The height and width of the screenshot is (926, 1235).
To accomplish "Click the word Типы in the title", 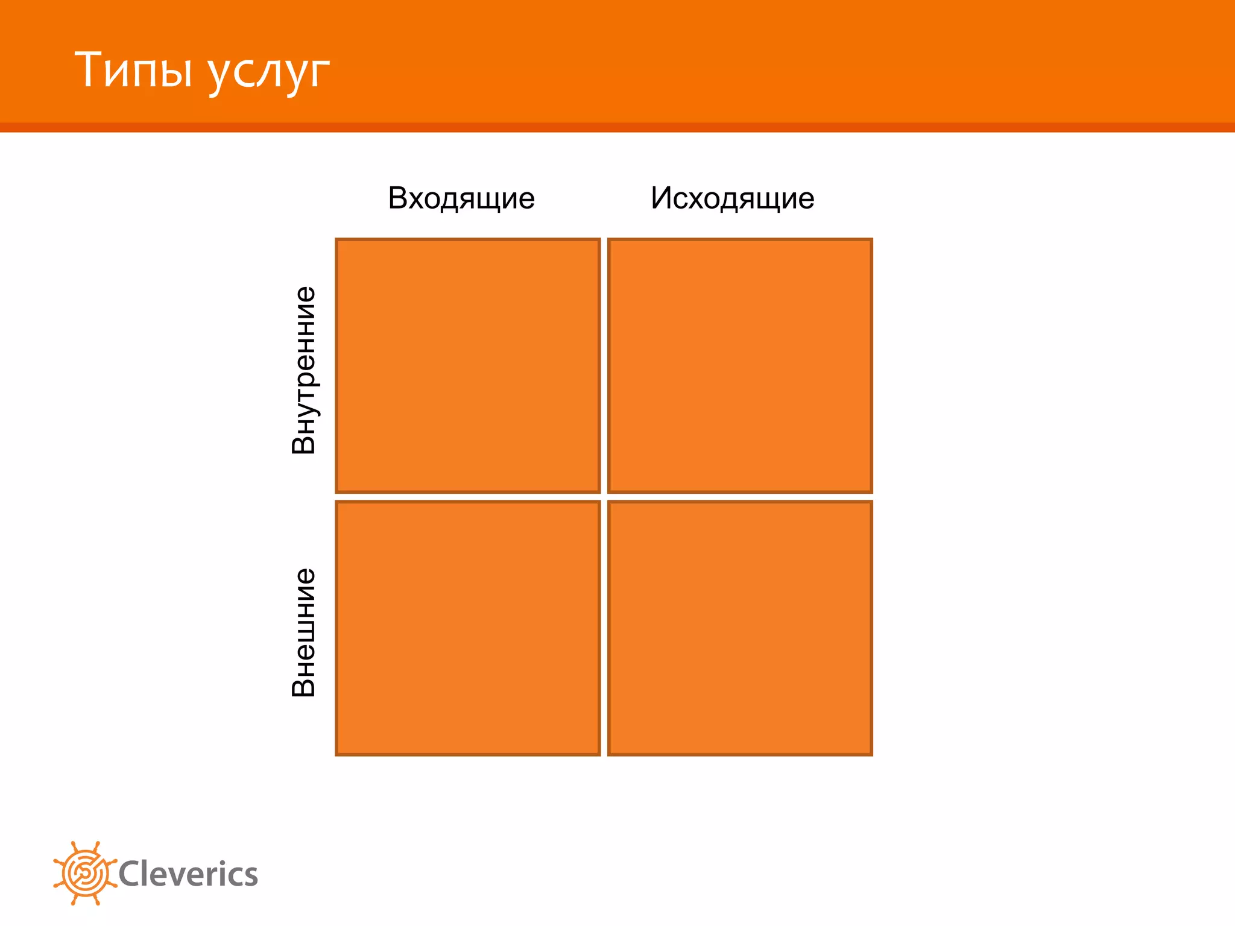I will click(133, 70).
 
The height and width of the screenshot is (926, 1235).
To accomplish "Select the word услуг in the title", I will click(269, 72).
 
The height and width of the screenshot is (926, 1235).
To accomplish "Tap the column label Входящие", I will click(461, 198).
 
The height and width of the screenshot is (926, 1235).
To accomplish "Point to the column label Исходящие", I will click(732, 198).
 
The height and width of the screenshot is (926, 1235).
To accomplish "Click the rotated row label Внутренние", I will click(303, 370).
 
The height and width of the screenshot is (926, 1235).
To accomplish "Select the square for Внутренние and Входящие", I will click(468, 365).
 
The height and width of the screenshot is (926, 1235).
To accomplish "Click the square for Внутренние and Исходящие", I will click(740, 365).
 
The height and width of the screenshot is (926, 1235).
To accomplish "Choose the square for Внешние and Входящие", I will click(468, 628).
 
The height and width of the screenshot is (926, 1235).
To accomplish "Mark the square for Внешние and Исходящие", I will click(740, 628).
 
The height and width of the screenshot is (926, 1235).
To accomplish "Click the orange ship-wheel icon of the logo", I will click(85, 873).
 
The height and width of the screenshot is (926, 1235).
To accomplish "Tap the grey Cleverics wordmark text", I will click(188, 874).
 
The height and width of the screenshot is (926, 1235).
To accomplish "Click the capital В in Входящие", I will click(399, 198).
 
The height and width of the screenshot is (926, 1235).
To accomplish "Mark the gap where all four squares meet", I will click(604, 497).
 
